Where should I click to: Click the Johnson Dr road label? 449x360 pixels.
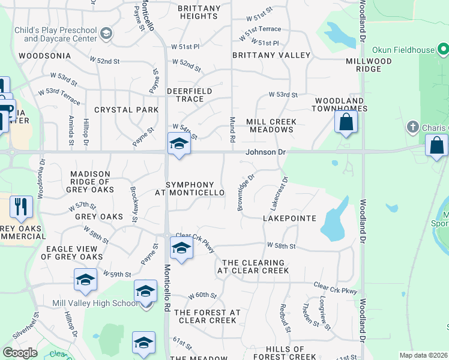[x=265, y=152]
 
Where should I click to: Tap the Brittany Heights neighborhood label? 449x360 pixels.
[x=199, y=13]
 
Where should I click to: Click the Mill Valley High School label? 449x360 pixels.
[x=95, y=303]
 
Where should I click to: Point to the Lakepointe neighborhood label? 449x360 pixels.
[x=289, y=218]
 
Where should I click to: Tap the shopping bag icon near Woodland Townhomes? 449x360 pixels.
[x=346, y=122]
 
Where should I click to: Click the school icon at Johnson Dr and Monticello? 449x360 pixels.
[x=178, y=145]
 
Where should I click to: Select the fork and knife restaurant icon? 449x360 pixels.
[x=21, y=207]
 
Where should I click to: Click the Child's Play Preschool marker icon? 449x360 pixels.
[x=106, y=33]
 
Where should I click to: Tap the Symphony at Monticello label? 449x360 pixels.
[x=190, y=188]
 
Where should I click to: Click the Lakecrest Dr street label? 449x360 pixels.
[x=279, y=192]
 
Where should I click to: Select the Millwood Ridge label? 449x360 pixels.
[x=369, y=65]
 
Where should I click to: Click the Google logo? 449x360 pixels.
[x=19, y=353]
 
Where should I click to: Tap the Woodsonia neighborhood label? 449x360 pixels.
[x=41, y=55]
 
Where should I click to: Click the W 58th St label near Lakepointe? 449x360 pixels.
[x=282, y=246]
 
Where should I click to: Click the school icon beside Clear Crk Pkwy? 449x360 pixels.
[x=181, y=247]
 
